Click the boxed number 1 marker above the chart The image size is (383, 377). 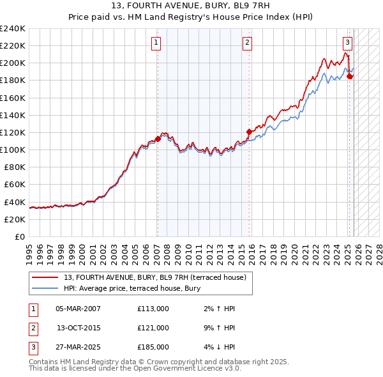point(156,43)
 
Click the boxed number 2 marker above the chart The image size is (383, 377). point(247,43)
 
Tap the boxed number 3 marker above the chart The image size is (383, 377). point(347,43)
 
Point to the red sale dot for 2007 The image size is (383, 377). point(158,138)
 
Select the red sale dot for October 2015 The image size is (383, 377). point(249,132)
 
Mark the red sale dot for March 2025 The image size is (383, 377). point(350,76)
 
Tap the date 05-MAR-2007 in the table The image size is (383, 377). point(78,309)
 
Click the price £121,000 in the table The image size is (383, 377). point(153,328)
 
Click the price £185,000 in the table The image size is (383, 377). point(153,347)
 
